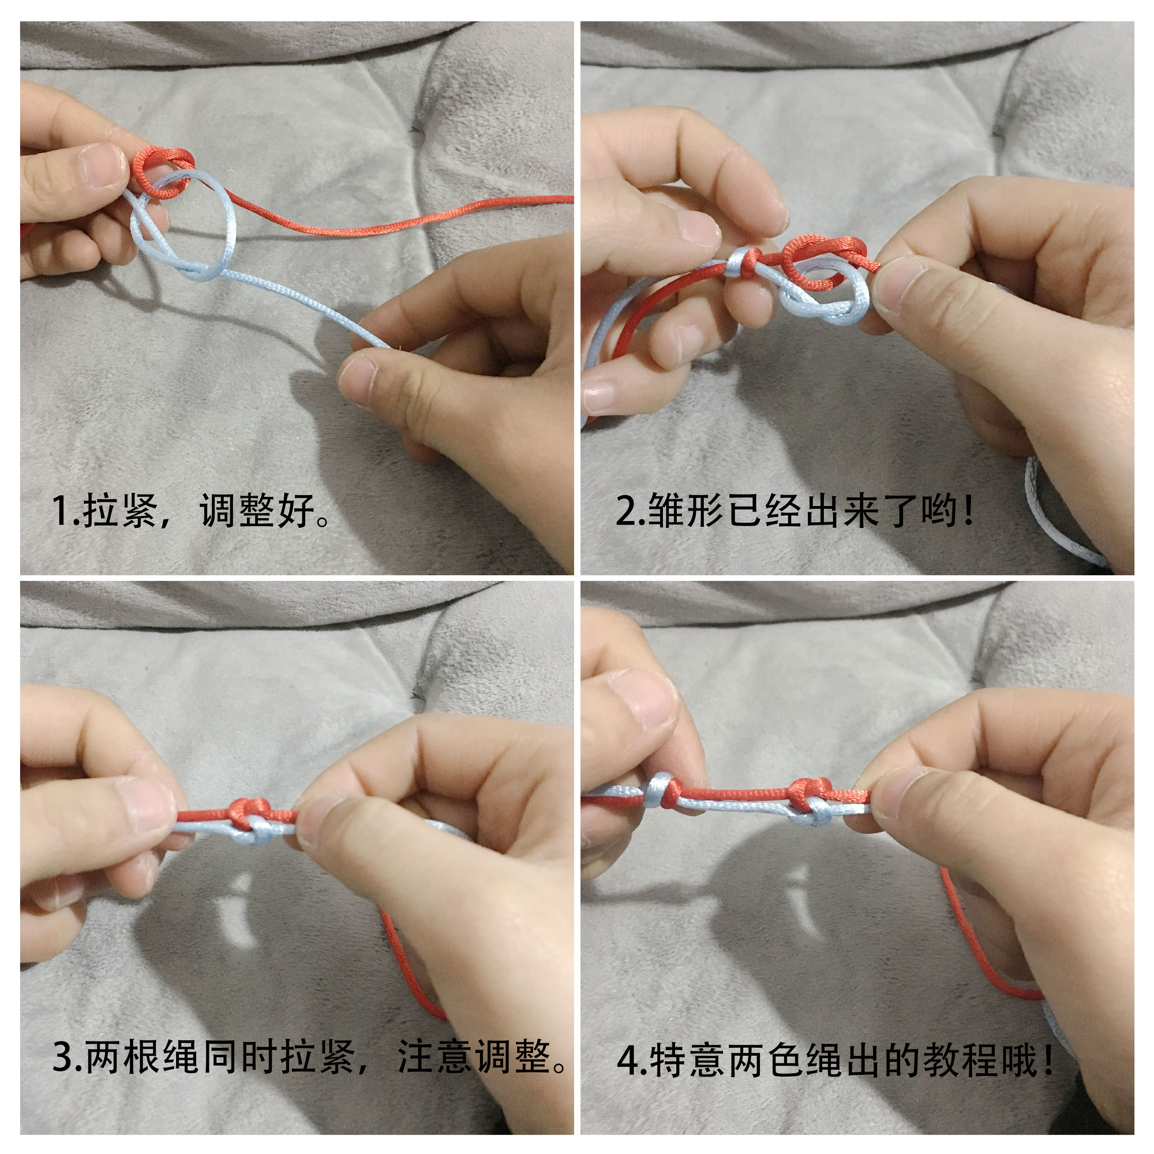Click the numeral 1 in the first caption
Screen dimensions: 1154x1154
[x=61, y=511]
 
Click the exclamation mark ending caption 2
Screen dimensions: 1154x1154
[x=968, y=511]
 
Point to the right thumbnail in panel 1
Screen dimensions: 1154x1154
[x=358, y=379]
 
